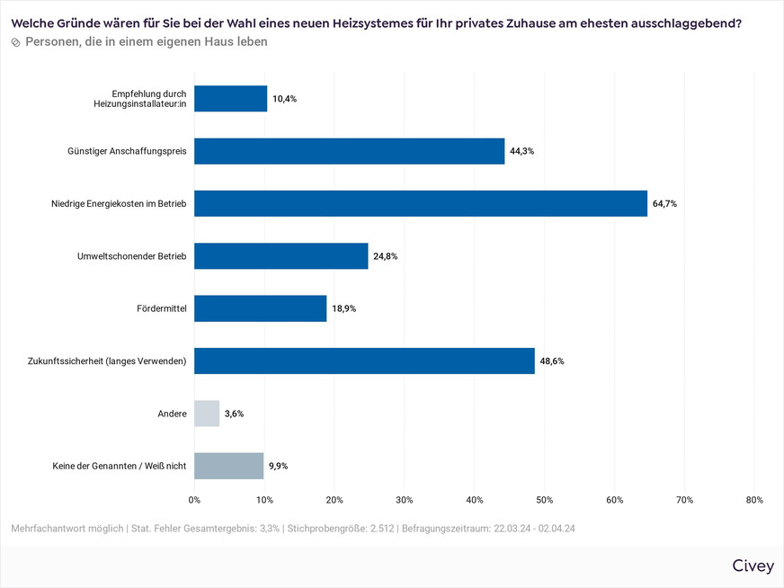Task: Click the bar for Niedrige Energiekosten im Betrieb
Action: (420, 203)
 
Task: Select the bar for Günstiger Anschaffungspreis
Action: (349, 151)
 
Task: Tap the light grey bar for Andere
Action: (207, 414)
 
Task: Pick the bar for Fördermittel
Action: (260, 308)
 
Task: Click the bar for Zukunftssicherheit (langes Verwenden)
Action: (364, 361)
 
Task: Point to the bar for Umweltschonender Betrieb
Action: (281, 256)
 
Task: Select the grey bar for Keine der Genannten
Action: (228, 466)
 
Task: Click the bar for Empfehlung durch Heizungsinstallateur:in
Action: (230, 99)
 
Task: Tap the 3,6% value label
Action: (234, 414)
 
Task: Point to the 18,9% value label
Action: (344, 308)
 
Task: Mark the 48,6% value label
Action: (552, 361)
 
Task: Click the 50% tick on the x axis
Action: (544, 500)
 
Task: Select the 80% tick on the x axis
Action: (754, 500)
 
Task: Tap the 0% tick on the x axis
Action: (194, 500)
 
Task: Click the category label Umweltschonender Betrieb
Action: (131, 256)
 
